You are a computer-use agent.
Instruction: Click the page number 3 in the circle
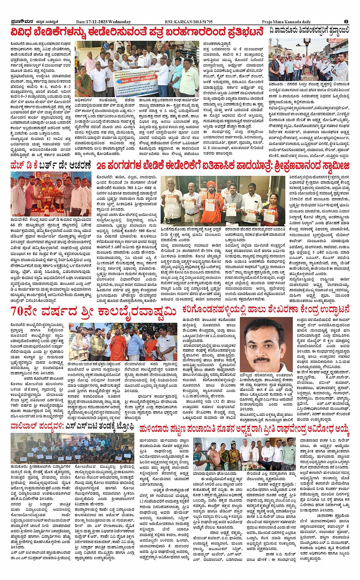(x=346, y=22)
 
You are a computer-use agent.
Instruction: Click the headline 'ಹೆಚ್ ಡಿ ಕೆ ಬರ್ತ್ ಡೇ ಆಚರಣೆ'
(x=51, y=166)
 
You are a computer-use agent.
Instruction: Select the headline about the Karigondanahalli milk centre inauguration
(x=266, y=309)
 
